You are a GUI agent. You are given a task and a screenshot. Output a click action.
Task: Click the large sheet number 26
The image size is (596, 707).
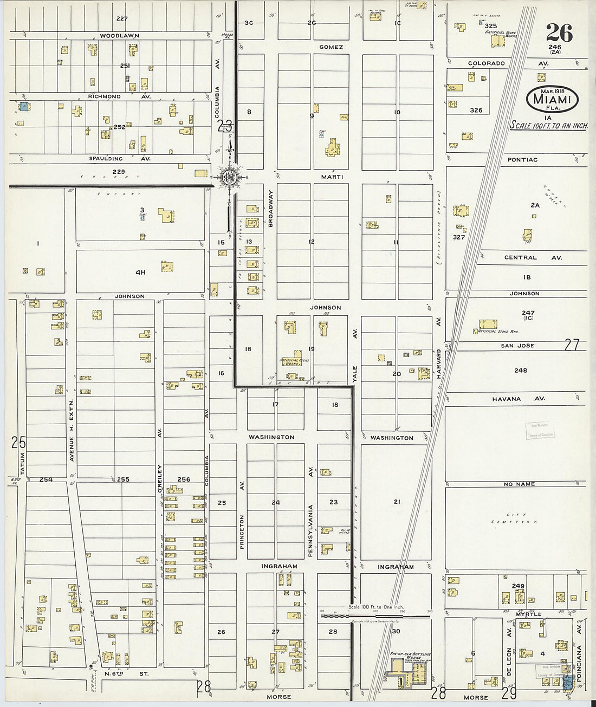[x=559, y=34]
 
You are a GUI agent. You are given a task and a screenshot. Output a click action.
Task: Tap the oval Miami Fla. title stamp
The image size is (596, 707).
[x=552, y=99]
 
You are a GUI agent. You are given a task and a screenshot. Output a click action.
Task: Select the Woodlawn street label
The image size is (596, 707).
[x=120, y=36]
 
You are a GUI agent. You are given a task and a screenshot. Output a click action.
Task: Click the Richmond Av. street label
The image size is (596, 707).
[x=119, y=96]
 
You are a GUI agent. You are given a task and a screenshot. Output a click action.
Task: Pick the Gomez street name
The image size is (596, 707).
[x=331, y=47]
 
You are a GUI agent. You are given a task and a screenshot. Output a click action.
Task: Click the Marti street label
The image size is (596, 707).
[x=332, y=177]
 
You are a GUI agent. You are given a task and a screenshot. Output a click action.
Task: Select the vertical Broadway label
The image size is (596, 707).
[x=271, y=208]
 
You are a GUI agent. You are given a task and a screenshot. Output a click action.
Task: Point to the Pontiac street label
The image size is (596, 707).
[x=522, y=160]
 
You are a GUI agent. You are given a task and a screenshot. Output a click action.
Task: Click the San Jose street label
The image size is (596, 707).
[x=517, y=346]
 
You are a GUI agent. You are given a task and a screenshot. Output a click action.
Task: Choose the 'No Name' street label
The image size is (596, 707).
[x=519, y=484]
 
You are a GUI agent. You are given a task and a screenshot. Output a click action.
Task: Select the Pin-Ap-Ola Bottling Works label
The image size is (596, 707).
[x=410, y=656]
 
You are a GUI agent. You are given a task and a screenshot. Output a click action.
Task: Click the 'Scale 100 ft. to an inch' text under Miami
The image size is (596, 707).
[x=549, y=125]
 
